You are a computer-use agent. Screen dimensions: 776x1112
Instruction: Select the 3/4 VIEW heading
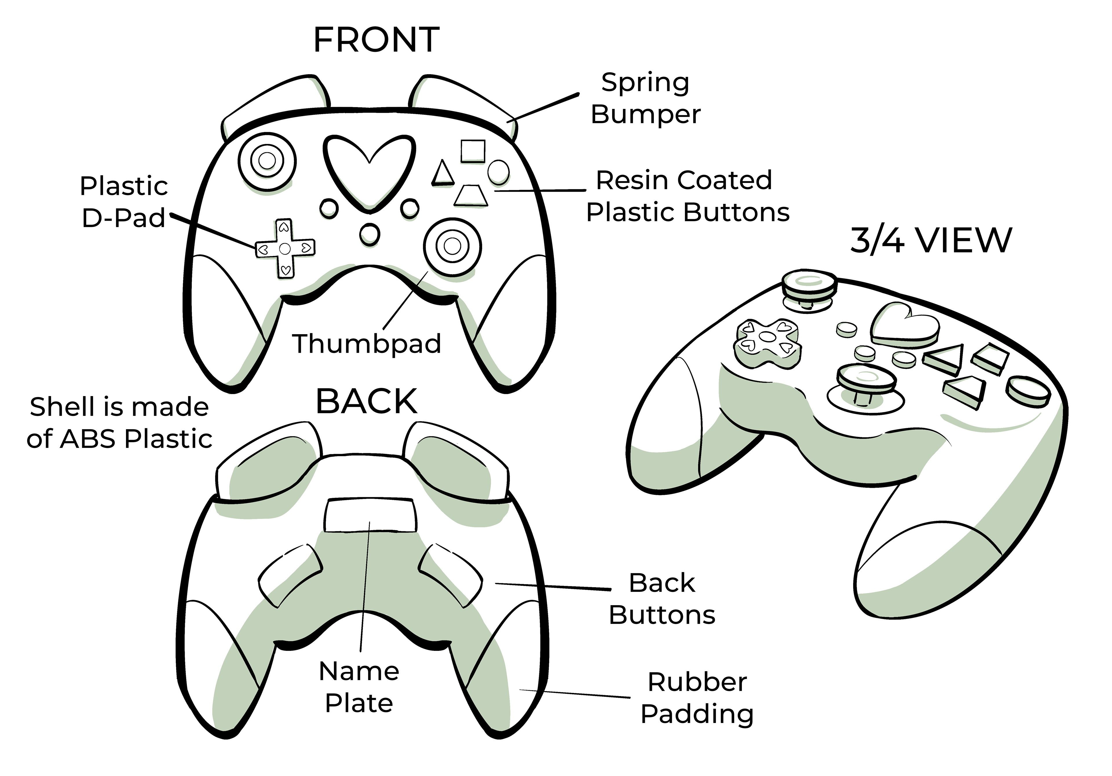pos(930,240)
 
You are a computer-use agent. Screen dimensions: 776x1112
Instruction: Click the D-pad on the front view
pos(285,248)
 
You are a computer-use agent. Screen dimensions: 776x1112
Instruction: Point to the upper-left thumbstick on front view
pos(267,160)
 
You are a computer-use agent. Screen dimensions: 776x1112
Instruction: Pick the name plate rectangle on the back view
pos(370,515)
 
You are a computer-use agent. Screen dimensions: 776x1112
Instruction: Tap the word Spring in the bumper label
pos(645,83)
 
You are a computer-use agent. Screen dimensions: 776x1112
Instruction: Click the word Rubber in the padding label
pos(697,682)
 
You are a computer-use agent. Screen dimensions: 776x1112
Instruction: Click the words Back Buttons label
pos(662,599)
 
